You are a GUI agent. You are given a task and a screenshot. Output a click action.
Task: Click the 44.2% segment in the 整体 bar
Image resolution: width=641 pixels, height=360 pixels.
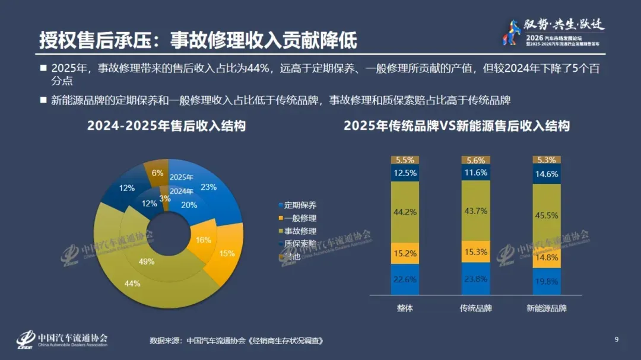(x=405, y=212)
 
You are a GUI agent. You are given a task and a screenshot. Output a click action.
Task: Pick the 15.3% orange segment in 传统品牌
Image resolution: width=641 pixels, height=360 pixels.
(x=476, y=251)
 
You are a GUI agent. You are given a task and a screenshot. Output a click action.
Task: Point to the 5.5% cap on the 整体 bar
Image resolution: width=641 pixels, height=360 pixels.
(x=405, y=160)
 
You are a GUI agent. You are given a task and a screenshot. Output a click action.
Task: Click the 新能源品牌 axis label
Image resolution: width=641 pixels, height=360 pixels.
(x=547, y=308)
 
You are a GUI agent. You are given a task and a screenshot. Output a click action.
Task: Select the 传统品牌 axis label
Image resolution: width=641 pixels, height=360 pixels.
(x=476, y=308)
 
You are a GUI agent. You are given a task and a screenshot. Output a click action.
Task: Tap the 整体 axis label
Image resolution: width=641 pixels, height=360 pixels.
(x=405, y=308)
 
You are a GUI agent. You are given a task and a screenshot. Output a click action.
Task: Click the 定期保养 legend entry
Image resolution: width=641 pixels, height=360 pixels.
(x=300, y=205)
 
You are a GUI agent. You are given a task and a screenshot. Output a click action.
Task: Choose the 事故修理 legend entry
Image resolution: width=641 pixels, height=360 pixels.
(x=300, y=231)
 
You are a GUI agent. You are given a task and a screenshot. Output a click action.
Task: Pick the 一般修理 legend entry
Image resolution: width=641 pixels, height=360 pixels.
(x=300, y=218)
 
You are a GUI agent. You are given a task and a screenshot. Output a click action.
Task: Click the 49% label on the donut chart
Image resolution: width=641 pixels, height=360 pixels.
(x=147, y=262)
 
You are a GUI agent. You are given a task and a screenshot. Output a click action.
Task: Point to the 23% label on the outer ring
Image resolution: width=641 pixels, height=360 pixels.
(x=209, y=187)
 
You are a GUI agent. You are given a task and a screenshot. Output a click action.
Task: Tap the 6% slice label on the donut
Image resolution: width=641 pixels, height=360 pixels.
(x=157, y=173)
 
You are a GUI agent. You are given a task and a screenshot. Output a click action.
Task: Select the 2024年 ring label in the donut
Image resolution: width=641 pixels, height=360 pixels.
(x=181, y=191)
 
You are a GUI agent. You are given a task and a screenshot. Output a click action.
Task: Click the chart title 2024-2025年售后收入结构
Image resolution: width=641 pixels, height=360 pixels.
(x=166, y=126)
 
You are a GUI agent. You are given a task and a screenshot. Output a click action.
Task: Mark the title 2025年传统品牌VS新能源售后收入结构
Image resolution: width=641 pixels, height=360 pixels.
(x=456, y=126)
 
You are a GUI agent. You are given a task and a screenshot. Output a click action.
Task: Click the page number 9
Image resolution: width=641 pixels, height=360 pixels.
(x=617, y=340)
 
